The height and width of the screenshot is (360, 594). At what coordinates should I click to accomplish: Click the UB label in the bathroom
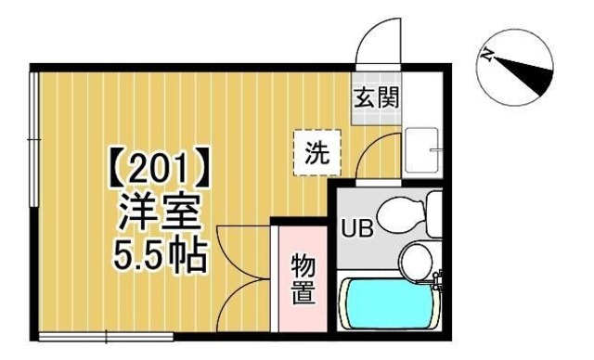(357, 228)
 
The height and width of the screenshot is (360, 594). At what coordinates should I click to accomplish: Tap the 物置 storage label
(303, 278)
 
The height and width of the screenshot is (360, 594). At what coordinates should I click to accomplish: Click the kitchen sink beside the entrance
(423, 148)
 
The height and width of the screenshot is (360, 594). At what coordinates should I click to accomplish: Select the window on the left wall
(33, 139)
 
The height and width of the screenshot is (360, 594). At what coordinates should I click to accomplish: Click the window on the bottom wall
(107, 335)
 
